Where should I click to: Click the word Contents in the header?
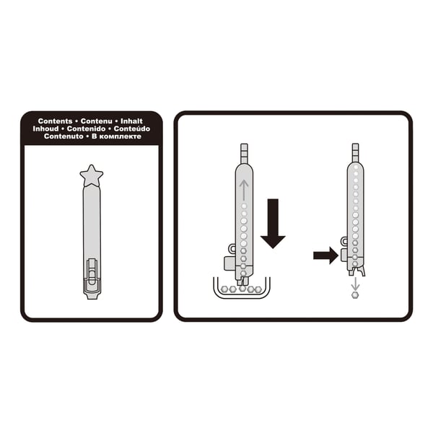click(x=56, y=121)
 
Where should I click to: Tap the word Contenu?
click(x=97, y=121)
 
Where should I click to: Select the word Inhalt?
click(x=131, y=121)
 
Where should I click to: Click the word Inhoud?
click(x=45, y=128)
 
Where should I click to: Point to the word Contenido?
click(x=86, y=128)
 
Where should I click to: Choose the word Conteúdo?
click(x=132, y=128)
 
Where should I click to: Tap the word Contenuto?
click(x=64, y=136)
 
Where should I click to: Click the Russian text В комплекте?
click(x=116, y=136)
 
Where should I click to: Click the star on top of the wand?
click(x=92, y=176)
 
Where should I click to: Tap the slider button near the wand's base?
click(x=92, y=272)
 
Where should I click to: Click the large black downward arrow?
click(x=273, y=223)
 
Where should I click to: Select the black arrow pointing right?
click(x=326, y=255)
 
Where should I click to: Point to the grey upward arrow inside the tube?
click(x=244, y=191)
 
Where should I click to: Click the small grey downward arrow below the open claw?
click(x=355, y=284)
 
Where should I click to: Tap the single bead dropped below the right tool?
click(x=355, y=295)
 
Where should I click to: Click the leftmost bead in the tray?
click(x=224, y=289)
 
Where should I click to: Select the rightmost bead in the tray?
click(x=258, y=289)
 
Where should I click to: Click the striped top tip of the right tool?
click(x=355, y=152)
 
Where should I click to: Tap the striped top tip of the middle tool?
click(x=244, y=154)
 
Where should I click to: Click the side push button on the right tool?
click(x=344, y=255)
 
